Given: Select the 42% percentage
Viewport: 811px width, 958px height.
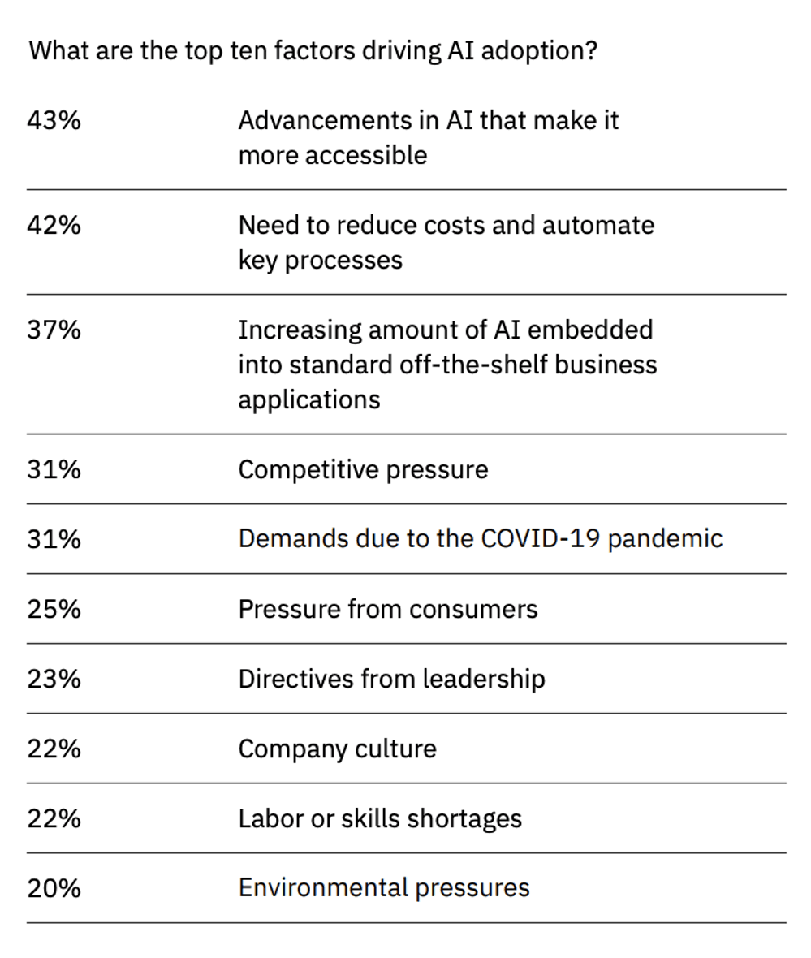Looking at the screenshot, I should [54, 225].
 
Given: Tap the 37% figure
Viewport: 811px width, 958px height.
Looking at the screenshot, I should [54, 330].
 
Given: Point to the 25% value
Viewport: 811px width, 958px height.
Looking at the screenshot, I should [54, 609].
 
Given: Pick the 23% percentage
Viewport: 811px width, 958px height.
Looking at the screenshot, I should [54, 679].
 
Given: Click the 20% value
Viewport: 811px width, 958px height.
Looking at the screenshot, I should [54, 888].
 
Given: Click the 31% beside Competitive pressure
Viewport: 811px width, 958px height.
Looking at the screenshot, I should [54, 469].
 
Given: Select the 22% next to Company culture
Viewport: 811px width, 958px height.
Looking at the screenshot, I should [54, 749].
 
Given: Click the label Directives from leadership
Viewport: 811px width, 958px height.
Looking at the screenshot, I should [391, 679].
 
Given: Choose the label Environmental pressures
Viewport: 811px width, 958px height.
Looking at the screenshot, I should [383, 888].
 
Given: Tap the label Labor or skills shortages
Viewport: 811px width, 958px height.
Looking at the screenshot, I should [380, 818].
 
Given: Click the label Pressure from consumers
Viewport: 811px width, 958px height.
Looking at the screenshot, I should [387, 609].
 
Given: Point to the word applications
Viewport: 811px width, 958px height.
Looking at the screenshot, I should [308, 400].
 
